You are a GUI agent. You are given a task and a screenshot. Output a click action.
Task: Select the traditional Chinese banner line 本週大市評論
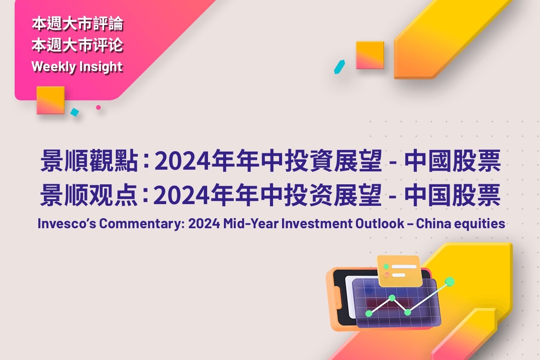click(78, 24)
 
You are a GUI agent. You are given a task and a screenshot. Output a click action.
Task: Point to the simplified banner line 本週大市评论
click(78, 45)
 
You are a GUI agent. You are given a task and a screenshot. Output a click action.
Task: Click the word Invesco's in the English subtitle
click(67, 223)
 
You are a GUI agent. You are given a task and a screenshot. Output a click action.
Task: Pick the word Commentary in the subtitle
click(142, 224)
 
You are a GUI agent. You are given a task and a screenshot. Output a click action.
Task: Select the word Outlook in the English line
click(380, 223)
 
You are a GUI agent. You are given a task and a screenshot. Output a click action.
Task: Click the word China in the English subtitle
click(434, 223)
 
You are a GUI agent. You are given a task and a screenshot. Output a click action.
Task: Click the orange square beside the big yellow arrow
click(370, 55)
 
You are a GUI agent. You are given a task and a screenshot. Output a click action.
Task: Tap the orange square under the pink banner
click(50, 100)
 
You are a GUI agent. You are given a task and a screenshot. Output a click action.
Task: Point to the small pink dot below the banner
click(98, 107)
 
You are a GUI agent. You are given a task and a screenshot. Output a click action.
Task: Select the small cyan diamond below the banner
click(74, 112)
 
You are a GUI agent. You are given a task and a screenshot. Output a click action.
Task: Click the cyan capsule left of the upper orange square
click(339, 67)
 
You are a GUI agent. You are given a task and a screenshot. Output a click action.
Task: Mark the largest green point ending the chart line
click(450, 282)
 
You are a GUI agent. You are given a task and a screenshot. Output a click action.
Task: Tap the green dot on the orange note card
click(386, 267)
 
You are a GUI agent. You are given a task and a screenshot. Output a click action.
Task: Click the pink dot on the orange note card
click(387, 275)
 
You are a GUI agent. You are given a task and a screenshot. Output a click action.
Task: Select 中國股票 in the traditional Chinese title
click(453, 161)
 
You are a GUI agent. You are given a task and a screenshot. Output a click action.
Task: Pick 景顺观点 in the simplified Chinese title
click(88, 195)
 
